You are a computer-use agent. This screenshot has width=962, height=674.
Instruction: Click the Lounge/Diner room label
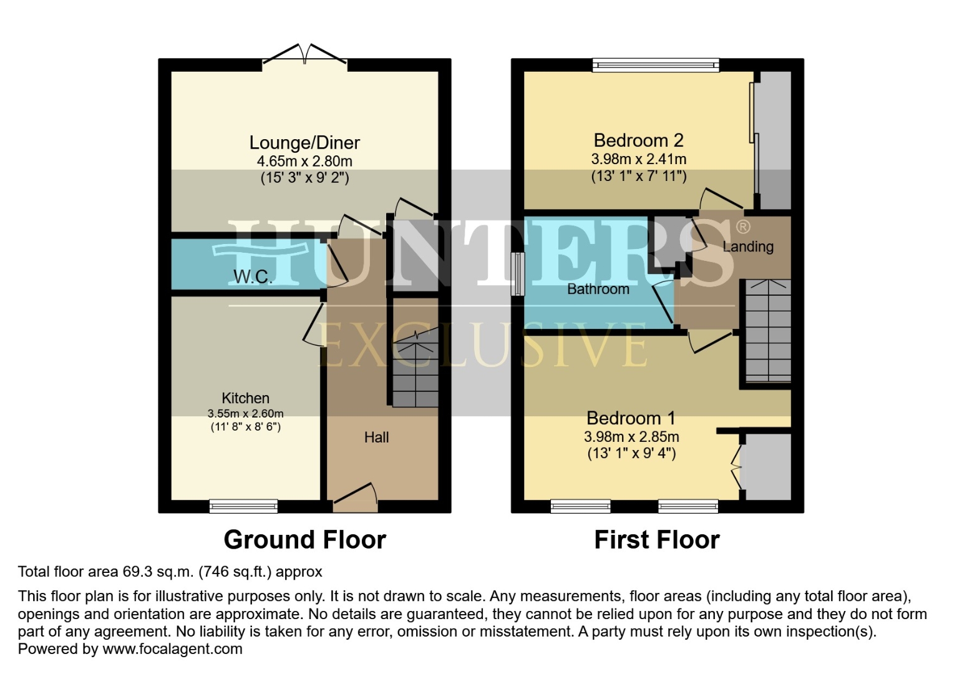[304, 143]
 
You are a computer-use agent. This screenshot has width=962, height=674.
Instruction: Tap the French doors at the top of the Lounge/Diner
[304, 56]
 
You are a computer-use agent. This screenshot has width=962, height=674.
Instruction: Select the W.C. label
[253, 276]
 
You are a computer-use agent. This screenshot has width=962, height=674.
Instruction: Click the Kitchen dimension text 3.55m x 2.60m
[245, 413]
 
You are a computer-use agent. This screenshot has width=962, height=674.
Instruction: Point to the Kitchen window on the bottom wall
[243, 506]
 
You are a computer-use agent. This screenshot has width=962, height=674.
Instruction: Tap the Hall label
[376, 437]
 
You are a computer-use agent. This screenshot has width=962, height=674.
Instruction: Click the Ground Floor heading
[304, 540]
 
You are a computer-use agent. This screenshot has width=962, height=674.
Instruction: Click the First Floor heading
[656, 540]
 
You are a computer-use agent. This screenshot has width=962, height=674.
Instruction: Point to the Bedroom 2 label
[638, 140]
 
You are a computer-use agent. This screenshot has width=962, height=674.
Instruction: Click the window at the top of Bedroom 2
[656, 65]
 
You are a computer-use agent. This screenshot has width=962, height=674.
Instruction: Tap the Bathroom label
[598, 289]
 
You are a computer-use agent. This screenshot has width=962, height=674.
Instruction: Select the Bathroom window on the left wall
[517, 274]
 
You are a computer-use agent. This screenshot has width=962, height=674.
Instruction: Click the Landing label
[747, 247]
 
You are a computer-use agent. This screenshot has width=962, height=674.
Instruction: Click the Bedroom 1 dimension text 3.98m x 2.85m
[631, 437]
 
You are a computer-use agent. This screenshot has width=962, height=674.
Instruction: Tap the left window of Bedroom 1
[580, 506]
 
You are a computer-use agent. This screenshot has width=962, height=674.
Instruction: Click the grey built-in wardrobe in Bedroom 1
[768, 466]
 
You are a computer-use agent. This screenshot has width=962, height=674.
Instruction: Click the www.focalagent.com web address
[172, 649]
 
